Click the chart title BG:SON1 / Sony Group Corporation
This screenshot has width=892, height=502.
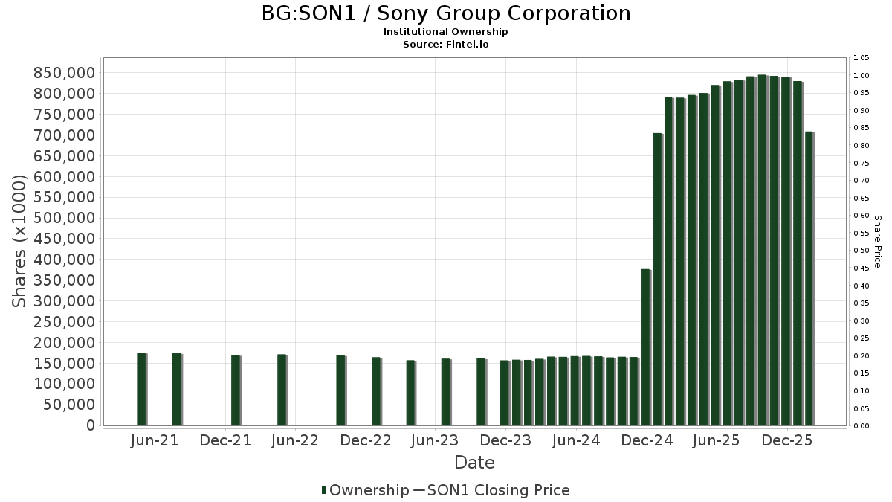446,13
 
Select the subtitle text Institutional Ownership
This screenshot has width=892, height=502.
446,32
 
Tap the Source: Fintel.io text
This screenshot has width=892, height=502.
446,45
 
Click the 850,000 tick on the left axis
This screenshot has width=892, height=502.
65,73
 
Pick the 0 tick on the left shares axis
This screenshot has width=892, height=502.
90,425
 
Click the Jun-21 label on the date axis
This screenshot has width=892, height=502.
154,440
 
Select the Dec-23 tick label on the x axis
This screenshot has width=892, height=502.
505,440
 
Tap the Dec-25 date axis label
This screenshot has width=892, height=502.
787,440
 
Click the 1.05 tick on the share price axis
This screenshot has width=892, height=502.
862,58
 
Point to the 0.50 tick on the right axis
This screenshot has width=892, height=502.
862,251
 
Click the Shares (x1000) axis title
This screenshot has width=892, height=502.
20,241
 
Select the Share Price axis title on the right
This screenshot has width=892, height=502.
877,241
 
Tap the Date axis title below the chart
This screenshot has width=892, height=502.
474,463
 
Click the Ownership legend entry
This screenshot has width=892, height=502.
365,490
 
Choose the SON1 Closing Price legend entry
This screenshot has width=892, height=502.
491,490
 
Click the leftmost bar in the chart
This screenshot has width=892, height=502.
141,389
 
